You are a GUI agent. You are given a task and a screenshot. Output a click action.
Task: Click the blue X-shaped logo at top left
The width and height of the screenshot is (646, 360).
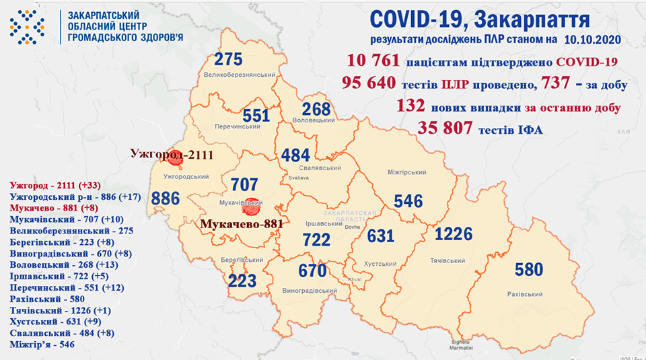(x=27, y=28)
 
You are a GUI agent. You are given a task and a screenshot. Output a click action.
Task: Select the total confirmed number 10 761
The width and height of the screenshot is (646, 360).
(x=373, y=62)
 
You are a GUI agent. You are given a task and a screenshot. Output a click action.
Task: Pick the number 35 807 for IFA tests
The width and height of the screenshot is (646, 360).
(x=446, y=128)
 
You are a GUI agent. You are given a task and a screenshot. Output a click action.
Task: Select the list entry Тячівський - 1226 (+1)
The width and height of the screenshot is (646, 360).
(x=55, y=311)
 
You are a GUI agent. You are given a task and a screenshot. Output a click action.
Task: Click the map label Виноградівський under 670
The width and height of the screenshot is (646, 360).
(x=310, y=291)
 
